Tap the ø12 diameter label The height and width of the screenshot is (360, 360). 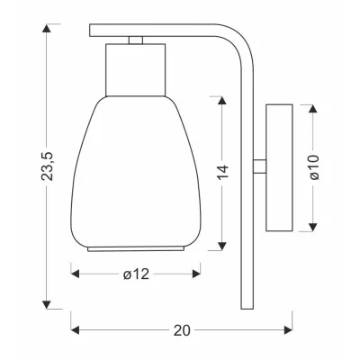point(136,274)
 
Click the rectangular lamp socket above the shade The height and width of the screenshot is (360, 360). point(135,67)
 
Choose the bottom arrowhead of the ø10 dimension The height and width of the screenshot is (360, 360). point(311,225)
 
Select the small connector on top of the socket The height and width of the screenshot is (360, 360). point(135,40)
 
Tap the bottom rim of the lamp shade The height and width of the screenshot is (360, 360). point(135,244)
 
